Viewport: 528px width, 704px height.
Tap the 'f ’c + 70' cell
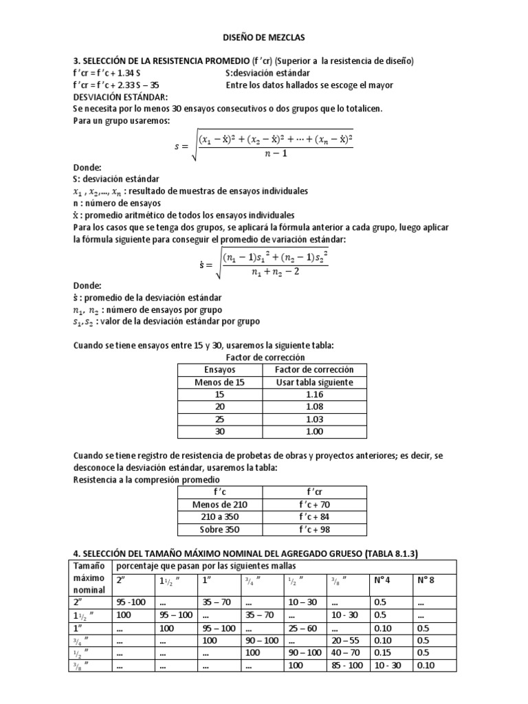click(x=313, y=504)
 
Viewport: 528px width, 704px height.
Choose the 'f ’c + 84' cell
click(x=313, y=516)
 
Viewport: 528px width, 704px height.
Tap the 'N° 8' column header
click(x=426, y=579)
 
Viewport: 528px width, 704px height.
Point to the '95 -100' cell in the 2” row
click(x=131, y=602)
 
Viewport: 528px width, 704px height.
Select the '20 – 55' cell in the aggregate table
click(x=345, y=640)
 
